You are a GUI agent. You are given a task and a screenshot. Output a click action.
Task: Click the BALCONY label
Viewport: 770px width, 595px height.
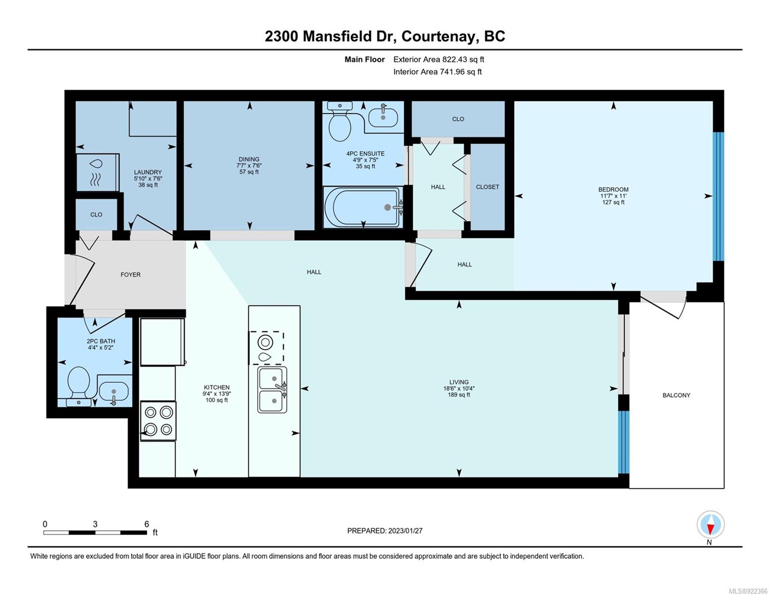coord(676,395)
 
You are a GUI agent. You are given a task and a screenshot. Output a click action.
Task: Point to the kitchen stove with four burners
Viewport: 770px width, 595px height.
coord(158,421)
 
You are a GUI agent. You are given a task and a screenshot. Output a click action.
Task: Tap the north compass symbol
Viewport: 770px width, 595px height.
coord(711,525)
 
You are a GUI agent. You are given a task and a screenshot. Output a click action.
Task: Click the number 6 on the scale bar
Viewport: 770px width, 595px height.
coord(147,524)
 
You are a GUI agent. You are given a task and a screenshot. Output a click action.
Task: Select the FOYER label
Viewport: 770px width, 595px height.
coord(130,275)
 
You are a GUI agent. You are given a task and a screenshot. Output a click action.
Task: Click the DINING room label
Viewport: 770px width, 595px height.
coord(249,159)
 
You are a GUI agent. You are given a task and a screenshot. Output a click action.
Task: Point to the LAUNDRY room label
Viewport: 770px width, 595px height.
coord(148,172)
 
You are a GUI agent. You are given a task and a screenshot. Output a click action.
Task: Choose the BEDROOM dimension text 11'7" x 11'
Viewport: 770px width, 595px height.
coord(613,196)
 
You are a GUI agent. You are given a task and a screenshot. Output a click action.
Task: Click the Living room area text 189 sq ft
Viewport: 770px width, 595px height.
coord(459,394)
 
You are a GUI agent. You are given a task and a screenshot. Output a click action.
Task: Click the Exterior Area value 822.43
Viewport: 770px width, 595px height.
coord(454,59)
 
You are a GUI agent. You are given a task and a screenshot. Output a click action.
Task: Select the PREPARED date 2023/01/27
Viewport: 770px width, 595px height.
coord(406,531)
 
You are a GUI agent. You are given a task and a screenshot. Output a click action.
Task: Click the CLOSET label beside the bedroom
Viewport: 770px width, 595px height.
coord(487,187)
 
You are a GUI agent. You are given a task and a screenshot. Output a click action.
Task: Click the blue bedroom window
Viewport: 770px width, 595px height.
coord(718,197)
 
